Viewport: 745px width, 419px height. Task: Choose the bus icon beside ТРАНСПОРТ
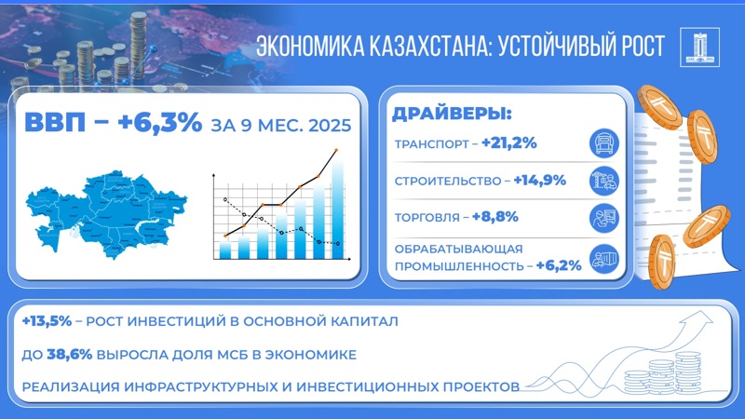[x=605, y=143]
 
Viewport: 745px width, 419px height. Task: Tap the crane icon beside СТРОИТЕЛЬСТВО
[x=605, y=180]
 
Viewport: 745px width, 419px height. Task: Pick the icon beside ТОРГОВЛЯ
[x=605, y=217]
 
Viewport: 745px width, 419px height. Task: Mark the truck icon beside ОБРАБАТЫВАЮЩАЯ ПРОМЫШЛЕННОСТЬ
[x=605, y=258]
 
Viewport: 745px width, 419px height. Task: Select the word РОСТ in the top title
[x=633, y=47]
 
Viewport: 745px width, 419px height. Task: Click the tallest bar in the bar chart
[x=338, y=209]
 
